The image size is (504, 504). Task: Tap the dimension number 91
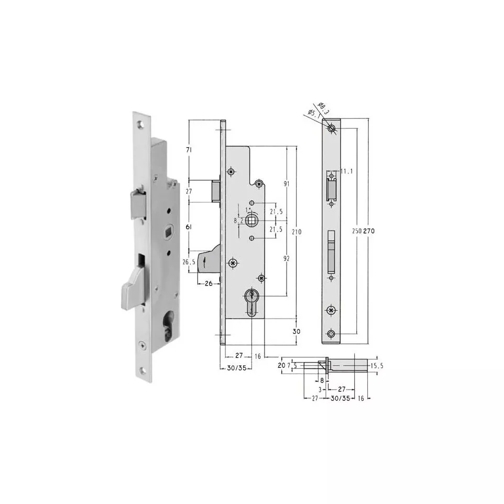(x=287, y=184)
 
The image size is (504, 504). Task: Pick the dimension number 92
(x=287, y=258)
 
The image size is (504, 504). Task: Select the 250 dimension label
(x=356, y=231)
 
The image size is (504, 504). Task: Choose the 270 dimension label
(x=369, y=231)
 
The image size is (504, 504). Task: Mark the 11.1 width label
(x=345, y=171)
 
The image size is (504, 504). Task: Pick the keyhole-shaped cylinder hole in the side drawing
(x=252, y=301)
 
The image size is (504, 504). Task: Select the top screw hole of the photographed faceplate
(x=140, y=125)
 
